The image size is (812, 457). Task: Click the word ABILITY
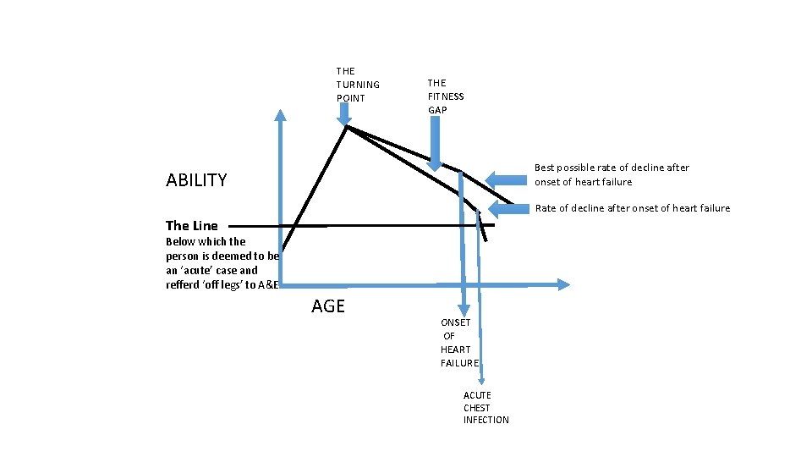196,180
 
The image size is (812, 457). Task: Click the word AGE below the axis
328,306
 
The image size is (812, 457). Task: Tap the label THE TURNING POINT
358,85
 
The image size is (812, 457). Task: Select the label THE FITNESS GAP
446,96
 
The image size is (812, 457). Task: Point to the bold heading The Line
192,226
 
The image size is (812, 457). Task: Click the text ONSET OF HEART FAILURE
459,343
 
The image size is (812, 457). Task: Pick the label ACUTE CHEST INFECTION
486,408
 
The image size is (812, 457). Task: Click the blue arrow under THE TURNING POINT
344,118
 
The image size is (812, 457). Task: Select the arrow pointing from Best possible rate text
506,179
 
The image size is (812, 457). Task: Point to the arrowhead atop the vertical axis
279,117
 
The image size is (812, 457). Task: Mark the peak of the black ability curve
347,128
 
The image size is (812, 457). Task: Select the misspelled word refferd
184,284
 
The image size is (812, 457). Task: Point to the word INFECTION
486,421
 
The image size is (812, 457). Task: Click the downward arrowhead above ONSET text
463,311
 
